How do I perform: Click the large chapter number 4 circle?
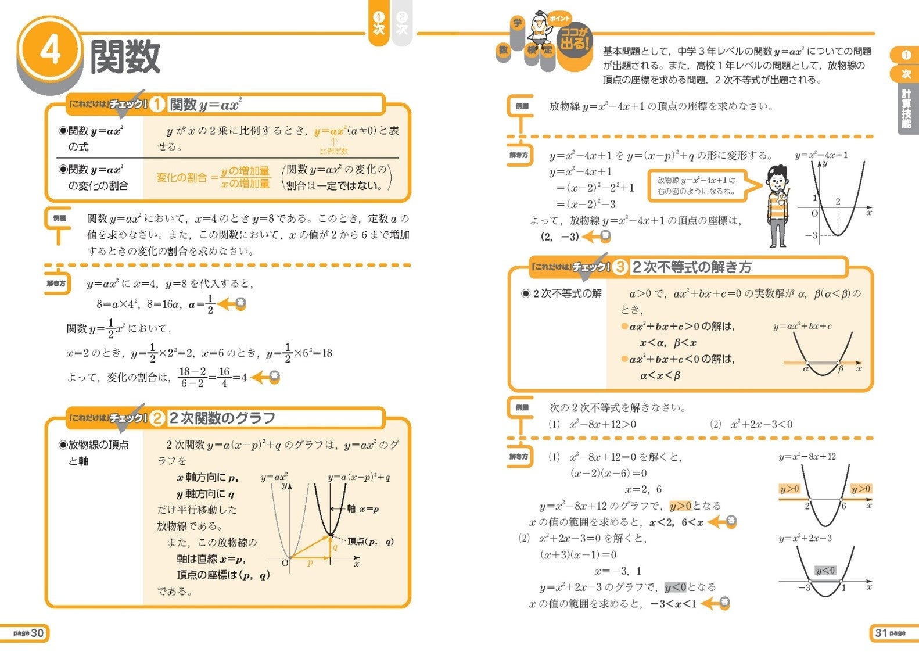50,51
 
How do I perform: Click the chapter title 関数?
125,57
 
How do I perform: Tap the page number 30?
30,633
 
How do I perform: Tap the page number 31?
889,633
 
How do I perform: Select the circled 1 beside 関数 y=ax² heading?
157,105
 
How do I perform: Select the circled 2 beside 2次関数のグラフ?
157,418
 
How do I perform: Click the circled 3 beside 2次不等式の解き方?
620,267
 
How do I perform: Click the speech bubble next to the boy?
697,185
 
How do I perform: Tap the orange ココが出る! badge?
574,41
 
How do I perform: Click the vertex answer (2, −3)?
559,237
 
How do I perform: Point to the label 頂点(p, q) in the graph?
371,542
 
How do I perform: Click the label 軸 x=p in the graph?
363,509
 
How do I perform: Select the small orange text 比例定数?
334,151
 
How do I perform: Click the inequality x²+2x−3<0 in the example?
762,424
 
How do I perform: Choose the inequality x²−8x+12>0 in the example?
602,424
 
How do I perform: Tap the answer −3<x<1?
673,604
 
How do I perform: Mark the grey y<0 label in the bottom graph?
825,571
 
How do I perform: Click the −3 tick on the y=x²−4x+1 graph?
811,235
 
